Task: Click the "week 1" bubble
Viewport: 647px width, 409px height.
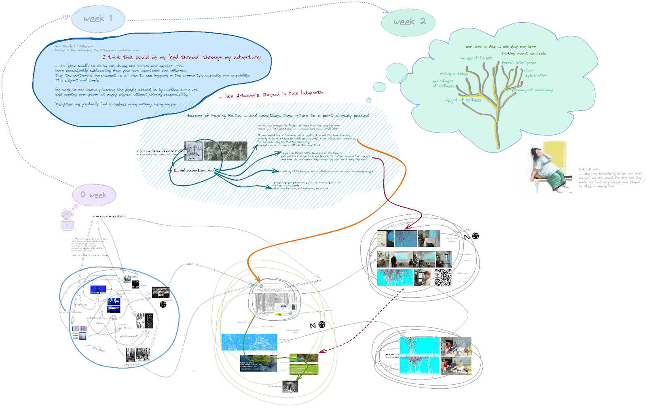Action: point(98,19)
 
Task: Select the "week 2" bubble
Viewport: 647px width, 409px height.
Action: point(408,22)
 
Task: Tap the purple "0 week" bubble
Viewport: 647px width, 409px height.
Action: point(94,195)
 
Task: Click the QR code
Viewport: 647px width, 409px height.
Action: point(443,278)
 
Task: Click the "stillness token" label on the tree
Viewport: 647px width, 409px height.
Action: point(454,74)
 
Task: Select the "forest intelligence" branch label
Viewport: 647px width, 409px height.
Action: point(519,63)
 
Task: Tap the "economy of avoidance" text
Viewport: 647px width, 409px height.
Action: point(532,90)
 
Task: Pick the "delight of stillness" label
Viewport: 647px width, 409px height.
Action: point(463,100)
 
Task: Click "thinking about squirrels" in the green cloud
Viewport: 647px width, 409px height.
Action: point(524,53)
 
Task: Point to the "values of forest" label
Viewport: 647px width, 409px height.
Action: point(476,58)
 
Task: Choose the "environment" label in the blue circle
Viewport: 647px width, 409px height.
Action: point(129,336)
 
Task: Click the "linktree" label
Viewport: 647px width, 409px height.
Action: point(99,350)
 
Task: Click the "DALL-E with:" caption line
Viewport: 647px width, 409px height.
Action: point(589,170)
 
